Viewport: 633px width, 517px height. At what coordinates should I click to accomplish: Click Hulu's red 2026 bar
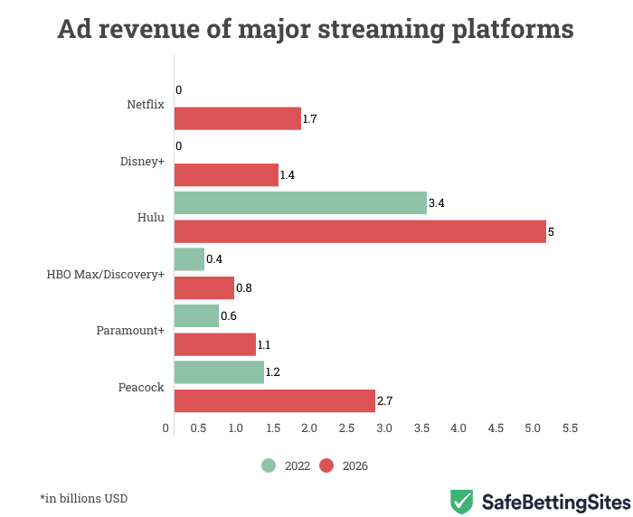[359, 231]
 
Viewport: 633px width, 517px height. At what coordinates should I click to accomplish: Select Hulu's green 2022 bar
[299, 202]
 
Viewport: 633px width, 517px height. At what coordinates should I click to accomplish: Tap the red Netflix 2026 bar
[237, 118]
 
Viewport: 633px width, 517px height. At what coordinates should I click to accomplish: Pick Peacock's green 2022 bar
[218, 372]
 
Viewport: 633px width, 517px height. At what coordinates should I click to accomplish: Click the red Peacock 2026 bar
[274, 400]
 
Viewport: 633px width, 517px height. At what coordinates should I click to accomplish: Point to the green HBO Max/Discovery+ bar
[188, 259]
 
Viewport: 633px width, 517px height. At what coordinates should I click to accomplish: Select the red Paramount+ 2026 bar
[214, 344]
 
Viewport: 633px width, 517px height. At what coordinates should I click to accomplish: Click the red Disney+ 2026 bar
[225, 174]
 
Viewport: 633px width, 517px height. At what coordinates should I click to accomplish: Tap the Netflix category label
[146, 104]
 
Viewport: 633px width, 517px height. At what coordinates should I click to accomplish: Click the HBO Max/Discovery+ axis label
[106, 273]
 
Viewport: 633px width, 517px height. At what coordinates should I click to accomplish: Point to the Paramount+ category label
[130, 330]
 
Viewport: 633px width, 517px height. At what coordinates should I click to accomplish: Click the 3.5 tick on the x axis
[421, 428]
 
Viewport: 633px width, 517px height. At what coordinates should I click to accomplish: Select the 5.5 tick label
[570, 428]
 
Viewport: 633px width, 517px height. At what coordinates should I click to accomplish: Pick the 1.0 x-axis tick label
[236, 428]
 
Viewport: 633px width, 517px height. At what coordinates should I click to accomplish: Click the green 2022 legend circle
[269, 466]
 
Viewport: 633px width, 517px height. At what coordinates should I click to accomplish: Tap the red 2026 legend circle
[326, 466]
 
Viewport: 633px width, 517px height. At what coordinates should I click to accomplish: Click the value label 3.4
[437, 203]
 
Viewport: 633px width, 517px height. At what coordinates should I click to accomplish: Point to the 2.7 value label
[385, 400]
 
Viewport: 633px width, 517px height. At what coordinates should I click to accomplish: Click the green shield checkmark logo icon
[462, 501]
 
